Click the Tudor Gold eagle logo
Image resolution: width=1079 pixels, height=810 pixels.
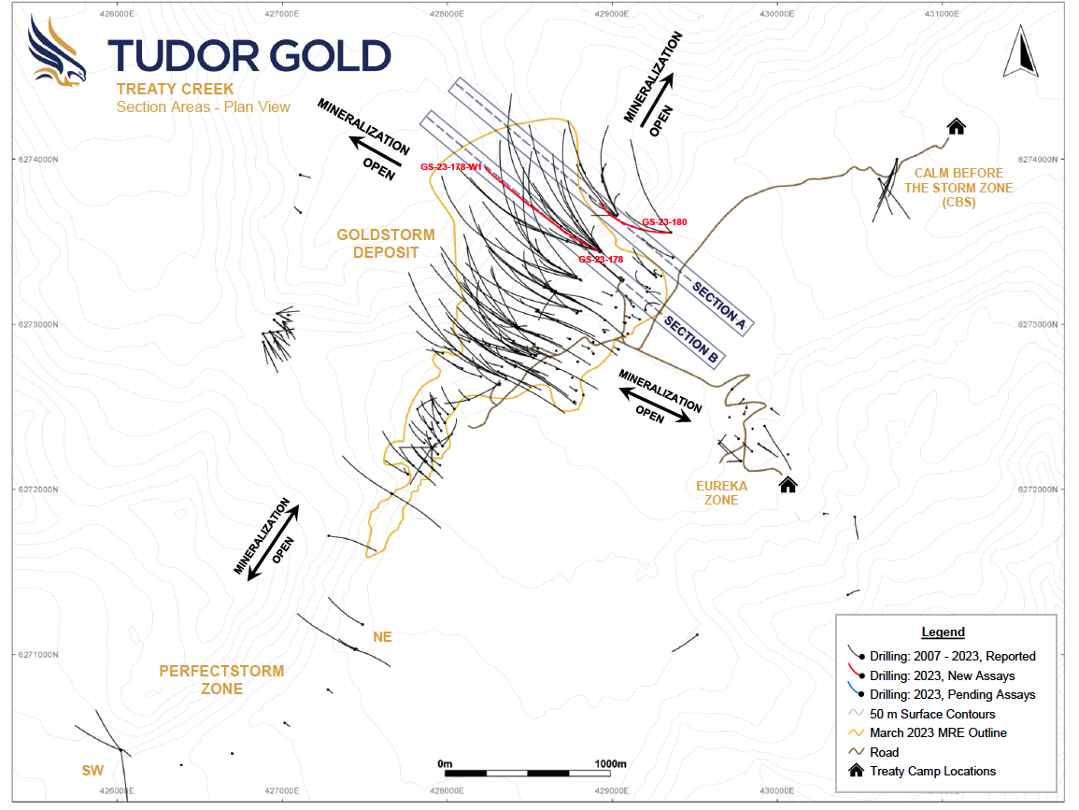(57, 53)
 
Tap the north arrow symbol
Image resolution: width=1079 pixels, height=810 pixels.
(1020, 54)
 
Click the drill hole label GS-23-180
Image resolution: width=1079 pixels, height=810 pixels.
(664, 222)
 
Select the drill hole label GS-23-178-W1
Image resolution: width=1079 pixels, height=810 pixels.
(451, 167)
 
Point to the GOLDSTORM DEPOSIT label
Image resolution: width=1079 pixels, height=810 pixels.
(378, 244)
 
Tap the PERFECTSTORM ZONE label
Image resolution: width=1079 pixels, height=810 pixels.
(221, 679)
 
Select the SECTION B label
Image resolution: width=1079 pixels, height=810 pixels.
(690, 337)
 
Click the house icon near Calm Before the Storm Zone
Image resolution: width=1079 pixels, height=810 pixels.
(956, 126)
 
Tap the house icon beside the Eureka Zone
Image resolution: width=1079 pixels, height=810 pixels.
(788, 483)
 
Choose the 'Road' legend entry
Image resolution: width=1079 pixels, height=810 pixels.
(884, 752)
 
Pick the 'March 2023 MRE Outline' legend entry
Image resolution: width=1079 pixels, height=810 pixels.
(938, 732)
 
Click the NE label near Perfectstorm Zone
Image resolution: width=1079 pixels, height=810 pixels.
(382, 637)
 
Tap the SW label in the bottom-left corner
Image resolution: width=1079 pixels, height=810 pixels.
(92, 770)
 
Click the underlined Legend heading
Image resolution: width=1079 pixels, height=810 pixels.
(943, 632)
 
